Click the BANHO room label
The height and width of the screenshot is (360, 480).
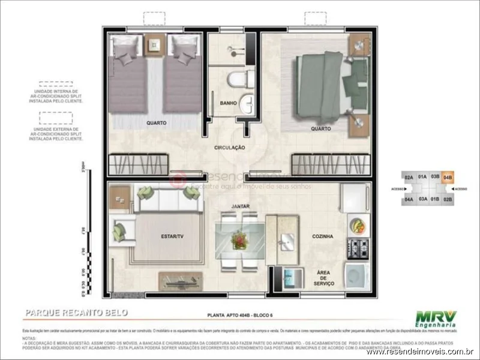tap(228, 103)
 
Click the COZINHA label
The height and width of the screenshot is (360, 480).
tap(322, 237)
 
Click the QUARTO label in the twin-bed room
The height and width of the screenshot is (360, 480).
tap(156, 123)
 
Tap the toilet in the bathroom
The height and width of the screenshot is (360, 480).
tap(240, 78)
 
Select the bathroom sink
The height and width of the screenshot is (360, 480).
tap(246, 102)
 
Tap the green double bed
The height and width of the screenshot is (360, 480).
tap(327, 84)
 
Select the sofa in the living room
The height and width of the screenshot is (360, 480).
tap(168, 199)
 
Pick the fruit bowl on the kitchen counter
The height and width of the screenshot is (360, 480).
tap(358, 226)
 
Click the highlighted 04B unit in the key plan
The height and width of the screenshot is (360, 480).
tap(448, 177)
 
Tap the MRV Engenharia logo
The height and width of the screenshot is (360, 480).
tap(437, 319)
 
